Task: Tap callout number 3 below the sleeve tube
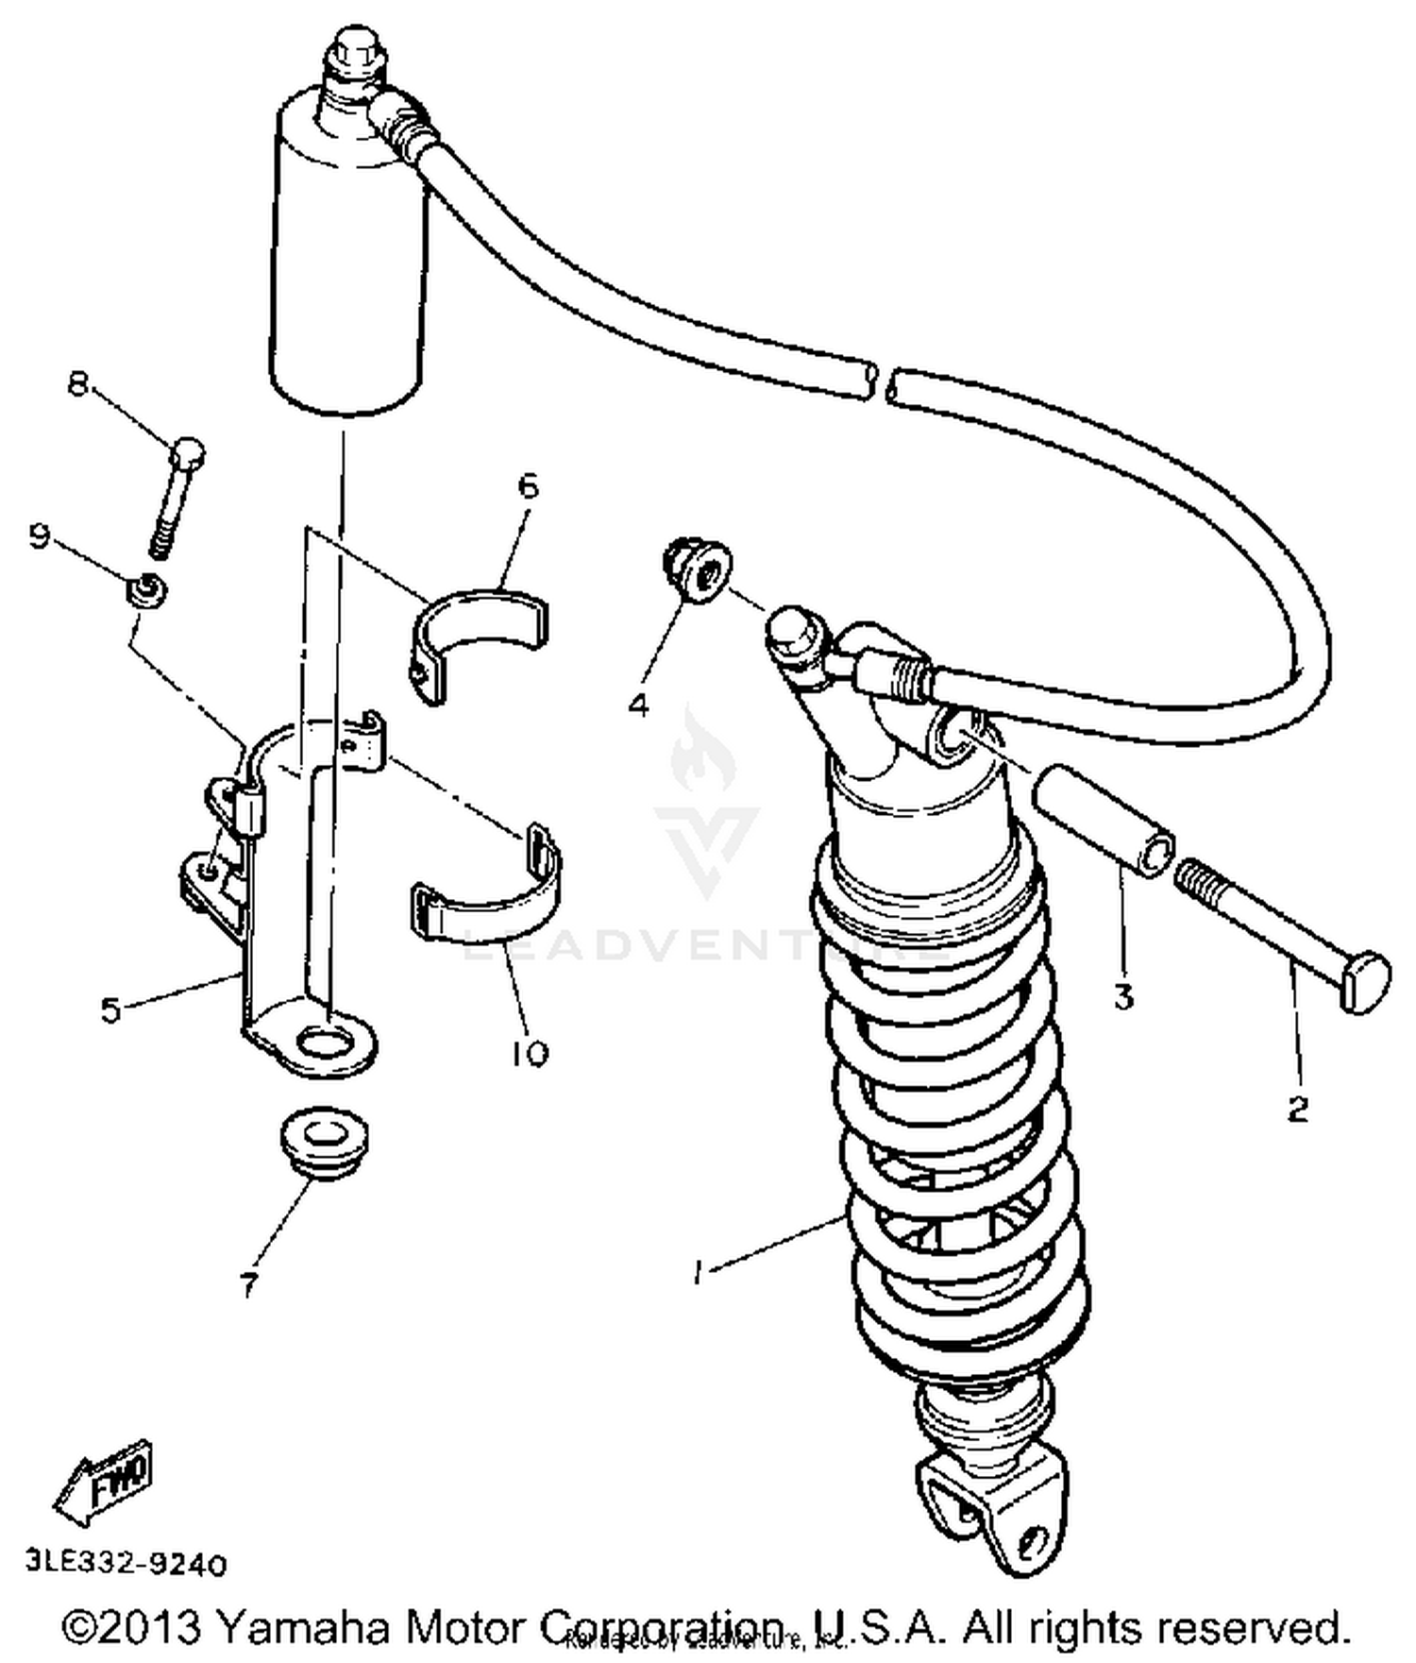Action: tap(1122, 995)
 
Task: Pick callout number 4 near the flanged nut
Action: tap(639, 704)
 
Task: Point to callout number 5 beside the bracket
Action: tap(111, 1010)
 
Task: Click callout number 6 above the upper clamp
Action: tap(528, 486)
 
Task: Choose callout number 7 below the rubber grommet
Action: tap(248, 1284)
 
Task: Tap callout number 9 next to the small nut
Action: tap(39, 536)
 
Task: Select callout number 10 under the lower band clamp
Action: tap(530, 1053)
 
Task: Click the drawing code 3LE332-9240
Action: tap(126, 1565)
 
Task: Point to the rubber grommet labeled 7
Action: tap(324, 1141)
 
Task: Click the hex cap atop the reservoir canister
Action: tap(353, 52)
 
